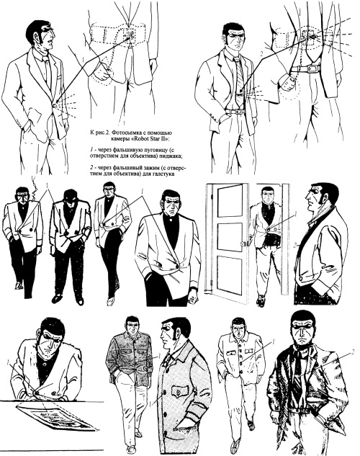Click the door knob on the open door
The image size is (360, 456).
pos(243,243)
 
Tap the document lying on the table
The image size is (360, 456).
pos(55,417)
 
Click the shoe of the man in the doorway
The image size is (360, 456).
pos(261,301)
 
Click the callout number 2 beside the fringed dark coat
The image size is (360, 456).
pos(353,352)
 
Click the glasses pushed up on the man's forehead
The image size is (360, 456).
pos(47,29)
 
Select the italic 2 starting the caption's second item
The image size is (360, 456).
pos(91,168)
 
